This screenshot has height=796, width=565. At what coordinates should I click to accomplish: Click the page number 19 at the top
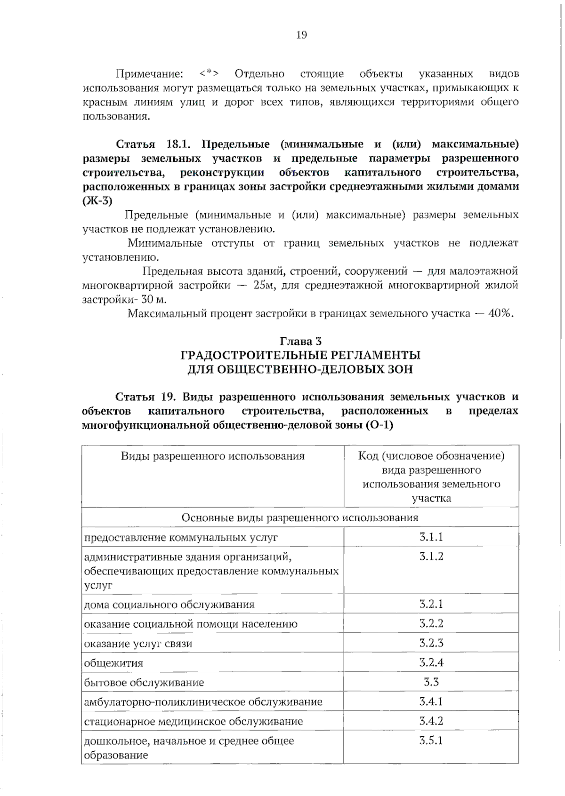[301, 35]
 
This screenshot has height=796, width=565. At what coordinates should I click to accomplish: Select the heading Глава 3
[301, 341]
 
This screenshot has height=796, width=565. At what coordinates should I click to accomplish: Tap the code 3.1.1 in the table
[431, 537]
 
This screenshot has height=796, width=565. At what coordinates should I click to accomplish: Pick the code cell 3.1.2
[431, 557]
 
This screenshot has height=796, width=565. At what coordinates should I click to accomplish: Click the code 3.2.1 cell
[431, 604]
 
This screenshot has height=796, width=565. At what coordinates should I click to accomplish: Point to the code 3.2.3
[431, 643]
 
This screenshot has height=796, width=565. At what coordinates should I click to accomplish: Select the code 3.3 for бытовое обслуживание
[431, 682]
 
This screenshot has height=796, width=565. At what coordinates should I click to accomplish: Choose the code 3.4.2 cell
[431, 721]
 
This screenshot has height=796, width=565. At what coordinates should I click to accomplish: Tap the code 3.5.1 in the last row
[431, 740]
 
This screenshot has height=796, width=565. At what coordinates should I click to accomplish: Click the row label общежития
[113, 663]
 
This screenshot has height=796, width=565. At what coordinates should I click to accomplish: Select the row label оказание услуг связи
[138, 644]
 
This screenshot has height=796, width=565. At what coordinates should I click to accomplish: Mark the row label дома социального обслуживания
[169, 605]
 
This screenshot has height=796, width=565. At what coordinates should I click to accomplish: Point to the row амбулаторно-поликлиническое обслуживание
[203, 702]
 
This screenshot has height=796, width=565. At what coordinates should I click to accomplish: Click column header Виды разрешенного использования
[212, 456]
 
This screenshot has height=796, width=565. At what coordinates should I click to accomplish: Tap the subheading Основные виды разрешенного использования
[300, 517]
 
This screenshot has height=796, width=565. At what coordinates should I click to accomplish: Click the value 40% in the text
[500, 314]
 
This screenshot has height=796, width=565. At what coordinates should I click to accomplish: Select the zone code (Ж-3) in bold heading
[97, 201]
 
